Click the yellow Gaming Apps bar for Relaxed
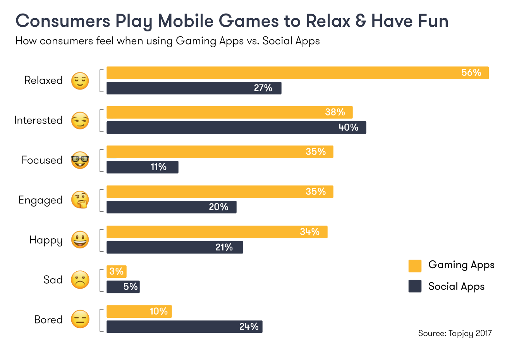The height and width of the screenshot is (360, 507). (x=297, y=73)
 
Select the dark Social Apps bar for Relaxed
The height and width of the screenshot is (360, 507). (x=194, y=88)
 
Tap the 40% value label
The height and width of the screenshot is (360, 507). (x=348, y=127)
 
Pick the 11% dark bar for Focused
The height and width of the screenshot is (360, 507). (x=142, y=167)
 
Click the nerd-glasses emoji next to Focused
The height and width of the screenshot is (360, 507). (x=80, y=160)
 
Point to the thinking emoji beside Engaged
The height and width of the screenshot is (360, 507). (x=80, y=200)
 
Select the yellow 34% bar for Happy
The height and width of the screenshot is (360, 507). (x=217, y=232)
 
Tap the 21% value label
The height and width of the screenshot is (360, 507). (x=224, y=247)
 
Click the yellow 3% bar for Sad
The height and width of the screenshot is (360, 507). (x=116, y=272)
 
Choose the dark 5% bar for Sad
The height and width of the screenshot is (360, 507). (x=123, y=287)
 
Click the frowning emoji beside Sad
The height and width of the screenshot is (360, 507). (x=80, y=280)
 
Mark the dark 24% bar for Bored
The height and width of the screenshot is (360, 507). (x=184, y=327)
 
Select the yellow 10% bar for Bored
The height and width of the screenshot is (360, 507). (x=139, y=312)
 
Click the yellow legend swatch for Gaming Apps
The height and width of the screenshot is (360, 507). (x=415, y=266)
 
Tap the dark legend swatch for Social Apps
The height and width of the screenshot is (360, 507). (x=415, y=286)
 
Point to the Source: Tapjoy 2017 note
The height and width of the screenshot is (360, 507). (x=455, y=333)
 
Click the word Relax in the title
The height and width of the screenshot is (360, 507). (x=328, y=21)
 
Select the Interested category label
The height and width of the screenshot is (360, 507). (x=38, y=120)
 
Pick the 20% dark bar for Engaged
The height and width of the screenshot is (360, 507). (x=171, y=207)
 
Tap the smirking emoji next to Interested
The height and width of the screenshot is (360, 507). (x=80, y=121)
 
